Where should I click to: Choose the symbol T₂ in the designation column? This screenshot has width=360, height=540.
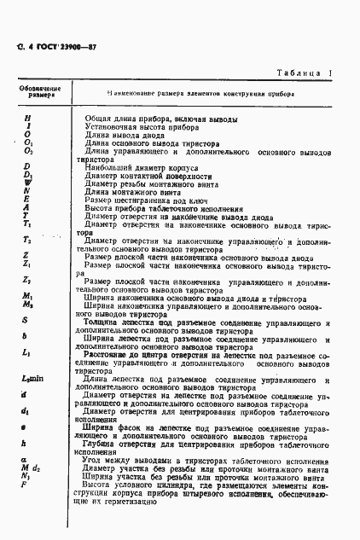coord(27,241)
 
